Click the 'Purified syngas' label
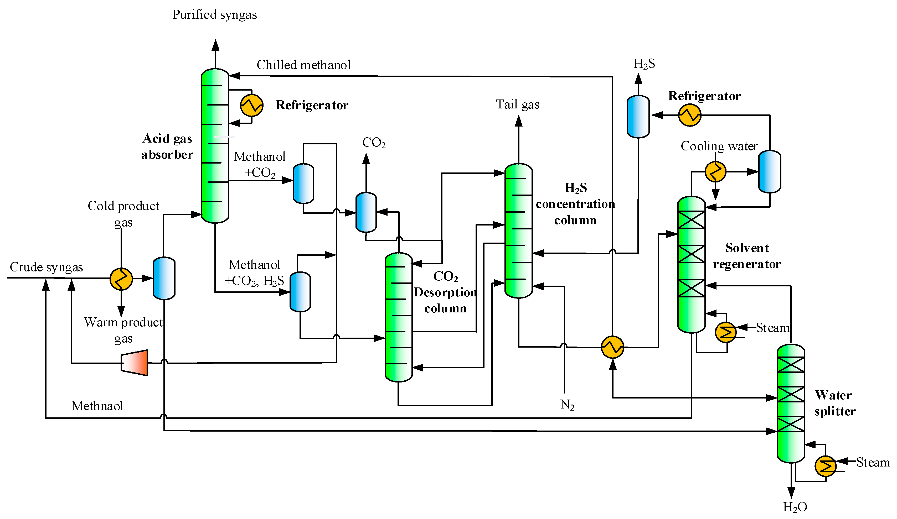pyautogui.click(x=215, y=15)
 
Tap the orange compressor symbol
pyautogui.click(x=135, y=363)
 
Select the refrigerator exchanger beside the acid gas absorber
pyautogui.click(x=252, y=105)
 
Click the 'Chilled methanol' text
pyautogui.click(x=304, y=65)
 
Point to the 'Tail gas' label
pyautogui.click(x=518, y=104)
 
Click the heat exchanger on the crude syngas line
pyautogui.click(x=121, y=279)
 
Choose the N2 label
pyautogui.click(x=567, y=405)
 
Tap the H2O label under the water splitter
pyautogui.click(x=795, y=507)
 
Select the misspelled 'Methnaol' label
pyautogui.click(x=97, y=406)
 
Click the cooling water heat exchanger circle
pyautogui.click(x=715, y=172)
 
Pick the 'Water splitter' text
pyautogui.click(x=834, y=403)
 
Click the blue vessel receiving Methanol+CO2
pyautogui.click(x=303, y=184)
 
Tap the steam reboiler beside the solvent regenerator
pyautogui.click(x=725, y=332)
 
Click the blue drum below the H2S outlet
pyautogui.click(x=638, y=116)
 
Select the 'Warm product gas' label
pyautogui.click(x=123, y=330)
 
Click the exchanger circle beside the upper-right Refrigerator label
pyautogui.click(x=689, y=115)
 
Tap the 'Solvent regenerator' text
pyautogui.click(x=747, y=256)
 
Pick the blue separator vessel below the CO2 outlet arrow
pyautogui.click(x=366, y=212)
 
